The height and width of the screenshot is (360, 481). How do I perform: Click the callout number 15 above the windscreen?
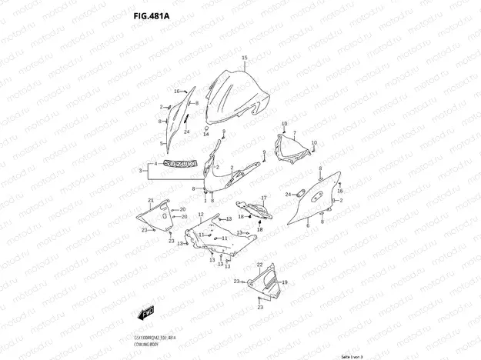(244, 59)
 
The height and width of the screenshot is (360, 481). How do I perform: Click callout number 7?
(293, 134)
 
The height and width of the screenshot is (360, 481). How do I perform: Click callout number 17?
(263, 198)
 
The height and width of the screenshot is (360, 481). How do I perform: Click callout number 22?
(172, 241)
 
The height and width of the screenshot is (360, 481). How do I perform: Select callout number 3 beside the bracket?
(141, 170)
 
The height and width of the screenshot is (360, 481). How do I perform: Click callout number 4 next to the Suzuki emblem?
(155, 164)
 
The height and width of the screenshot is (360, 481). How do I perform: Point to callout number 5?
(162, 143)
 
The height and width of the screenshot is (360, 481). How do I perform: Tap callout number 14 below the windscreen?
(206, 135)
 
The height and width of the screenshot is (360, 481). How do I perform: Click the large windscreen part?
(239, 96)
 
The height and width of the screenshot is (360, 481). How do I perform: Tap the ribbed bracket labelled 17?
(248, 206)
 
